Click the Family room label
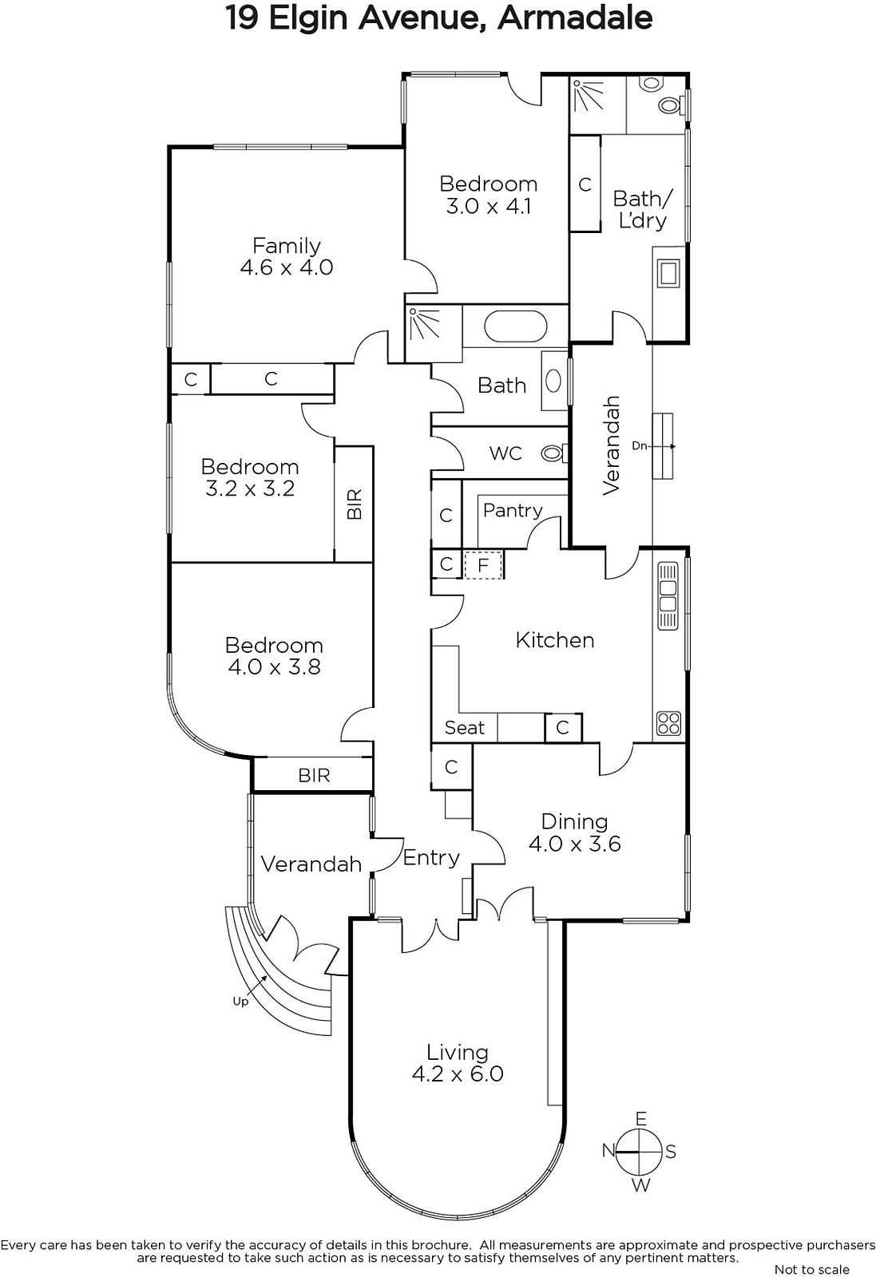(287, 246)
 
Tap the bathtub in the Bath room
(516, 326)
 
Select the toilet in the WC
(553, 454)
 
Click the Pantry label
(513, 510)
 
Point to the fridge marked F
(483, 566)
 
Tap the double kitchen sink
(668, 596)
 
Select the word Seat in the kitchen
(464, 728)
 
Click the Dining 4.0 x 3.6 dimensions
(574, 844)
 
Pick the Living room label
(458, 1053)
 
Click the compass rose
(640, 1152)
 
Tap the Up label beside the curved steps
(240, 1002)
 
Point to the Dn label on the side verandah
(640, 446)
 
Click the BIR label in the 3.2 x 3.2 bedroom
(355, 504)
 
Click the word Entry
(431, 858)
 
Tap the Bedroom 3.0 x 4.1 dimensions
(488, 206)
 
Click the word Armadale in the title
(575, 18)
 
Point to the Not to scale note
(811, 1270)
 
